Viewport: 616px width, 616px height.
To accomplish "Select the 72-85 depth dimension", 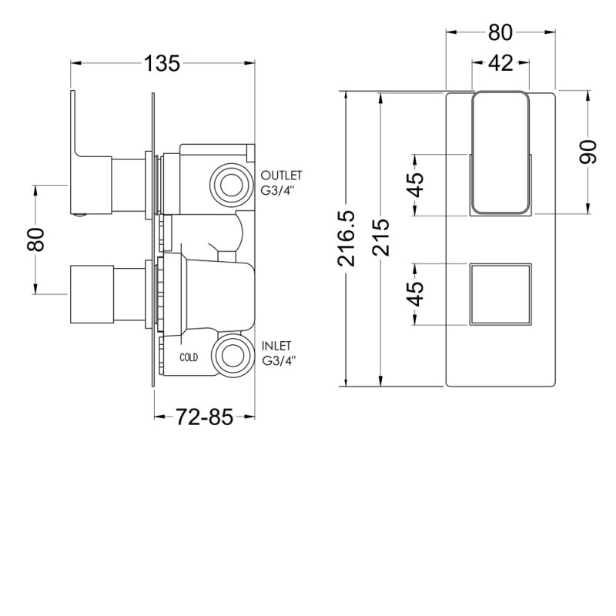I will pyautogui.click(x=204, y=417).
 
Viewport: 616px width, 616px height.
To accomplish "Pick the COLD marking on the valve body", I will pyautogui.click(x=189, y=357).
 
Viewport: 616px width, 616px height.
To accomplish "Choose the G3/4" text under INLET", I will pyautogui.click(x=279, y=360).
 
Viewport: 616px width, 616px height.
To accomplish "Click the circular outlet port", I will pyautogui.click(x=229, y=184).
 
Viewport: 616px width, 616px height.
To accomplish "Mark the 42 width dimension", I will pyautogui.click(x=500, y=64).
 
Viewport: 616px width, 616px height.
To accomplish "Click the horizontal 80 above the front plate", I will pyautogui.click(x=500, y=32).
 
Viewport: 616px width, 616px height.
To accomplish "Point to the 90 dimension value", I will pyautogui.click(x=589, y=152).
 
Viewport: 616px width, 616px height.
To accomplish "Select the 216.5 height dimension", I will pyautogui.click(x=348, y=239).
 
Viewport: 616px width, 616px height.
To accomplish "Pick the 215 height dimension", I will pyautogui.click(x=380, y=239).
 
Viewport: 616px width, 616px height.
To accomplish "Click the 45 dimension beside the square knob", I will pyautogui.click(x=416, y=294).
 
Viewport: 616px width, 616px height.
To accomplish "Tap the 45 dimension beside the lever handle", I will pyautogui.click(x=416, y=186).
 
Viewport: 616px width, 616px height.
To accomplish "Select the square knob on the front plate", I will pyautogui.click(x=500, y=295).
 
